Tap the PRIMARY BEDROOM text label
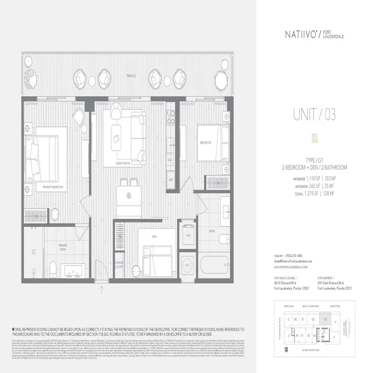tap(52, 187)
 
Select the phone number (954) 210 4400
tap(294, 256)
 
